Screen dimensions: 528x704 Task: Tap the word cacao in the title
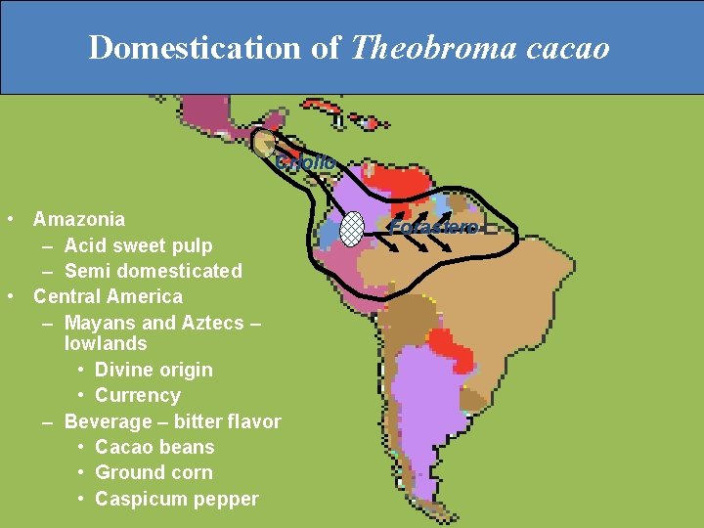[567, 47]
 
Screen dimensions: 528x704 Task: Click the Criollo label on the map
[305, 162]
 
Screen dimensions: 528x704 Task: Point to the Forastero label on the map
[434, 228]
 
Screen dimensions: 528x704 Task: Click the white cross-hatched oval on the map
[352, 229]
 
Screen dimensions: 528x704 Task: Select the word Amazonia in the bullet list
[79, 219]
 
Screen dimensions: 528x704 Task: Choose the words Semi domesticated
[153, 271]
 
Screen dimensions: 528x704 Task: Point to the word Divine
[124, 370]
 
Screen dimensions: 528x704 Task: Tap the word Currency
[137, 396]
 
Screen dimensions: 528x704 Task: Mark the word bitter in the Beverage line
[198, 421]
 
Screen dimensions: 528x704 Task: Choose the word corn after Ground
[189, 473]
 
